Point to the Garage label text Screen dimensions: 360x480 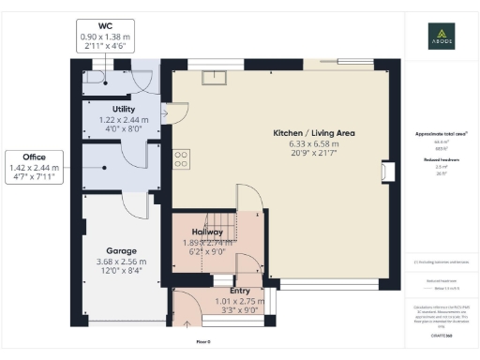click(122, 251)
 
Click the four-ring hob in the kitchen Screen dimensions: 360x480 click(182, 158)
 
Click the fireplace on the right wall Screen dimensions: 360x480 click(384, 173)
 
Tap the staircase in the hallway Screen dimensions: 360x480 click(215, 253)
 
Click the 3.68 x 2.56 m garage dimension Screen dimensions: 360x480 click(122, 262)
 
